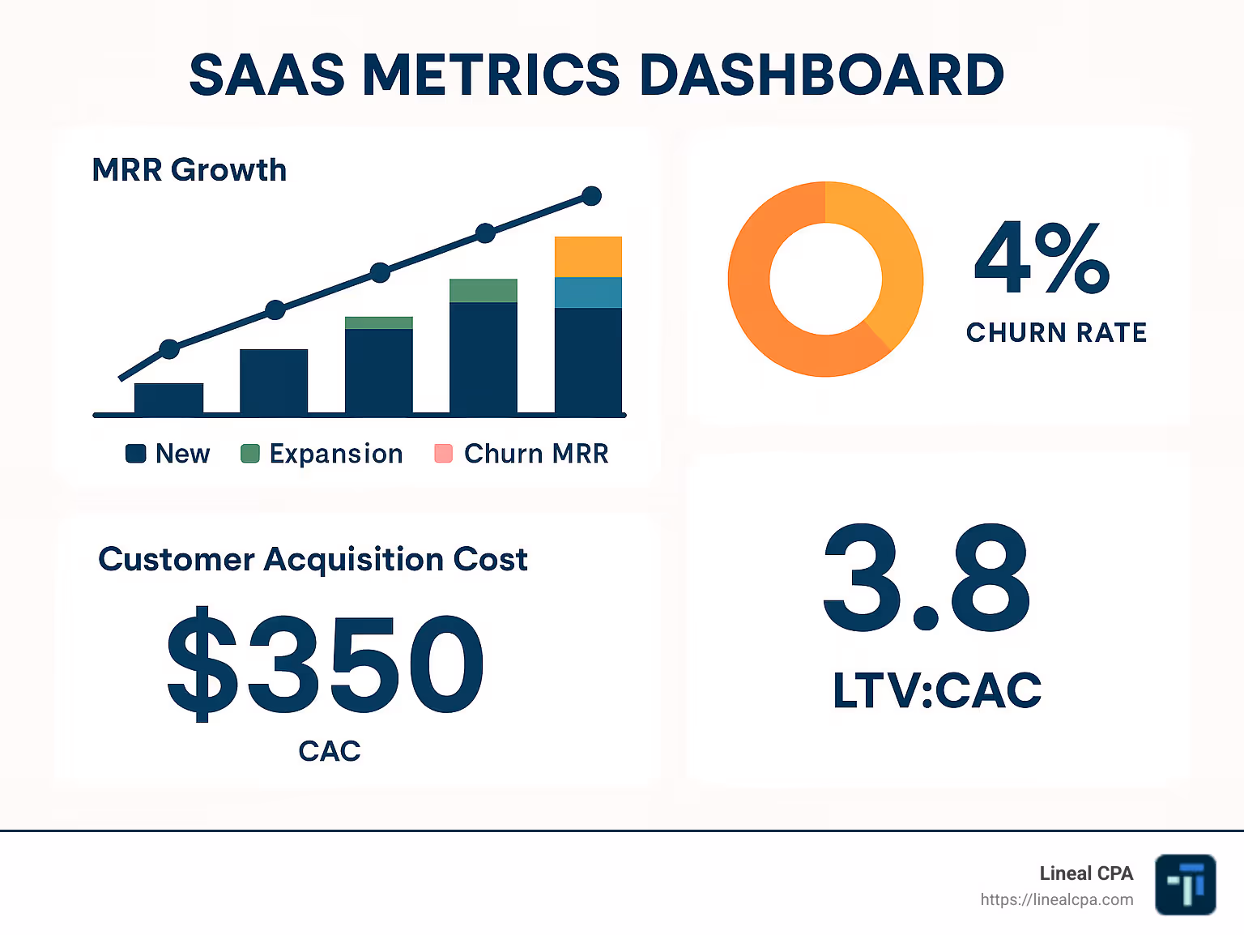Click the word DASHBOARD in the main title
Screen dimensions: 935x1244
(x=821, y=75)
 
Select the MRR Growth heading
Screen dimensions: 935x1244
(x=190, y=170)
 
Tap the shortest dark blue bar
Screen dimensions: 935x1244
(x=168, y=399)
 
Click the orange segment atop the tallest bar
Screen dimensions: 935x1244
(x=588, y=257)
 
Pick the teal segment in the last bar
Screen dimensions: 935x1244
(x=588, y=292)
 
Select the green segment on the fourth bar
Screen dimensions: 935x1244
(x=484, y=290)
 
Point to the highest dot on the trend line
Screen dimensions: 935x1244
(x=592, y=196)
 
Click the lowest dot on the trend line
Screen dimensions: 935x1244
(x=169, y=349)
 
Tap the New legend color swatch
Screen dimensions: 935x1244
(x=135, y=454)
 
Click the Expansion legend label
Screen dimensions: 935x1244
(x=336, y=454)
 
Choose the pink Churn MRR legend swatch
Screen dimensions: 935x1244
(x=443, y=454)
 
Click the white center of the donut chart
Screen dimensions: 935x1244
(x=825, y=280)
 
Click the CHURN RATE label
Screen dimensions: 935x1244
(x=1056, y=332)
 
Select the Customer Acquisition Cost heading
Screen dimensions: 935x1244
(x=313, y=559)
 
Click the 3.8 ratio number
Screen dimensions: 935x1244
(x=927, y=578)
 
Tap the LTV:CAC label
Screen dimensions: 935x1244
(x=937, y=690)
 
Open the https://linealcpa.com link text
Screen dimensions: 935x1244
(x=1056, y=899)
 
